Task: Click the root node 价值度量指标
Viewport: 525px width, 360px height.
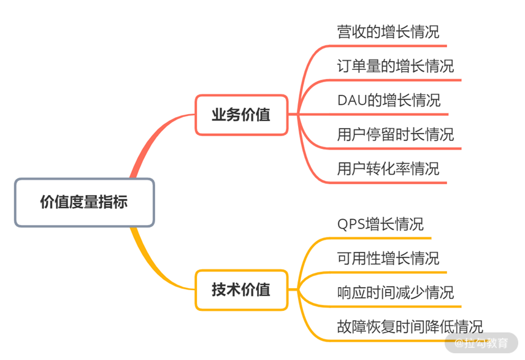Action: pyautogui.click(x=84, y=202)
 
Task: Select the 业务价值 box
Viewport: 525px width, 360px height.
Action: pyautogui.click(x=241, y=115)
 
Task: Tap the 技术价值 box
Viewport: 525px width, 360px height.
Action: pyautogui.click(x=241, y=289)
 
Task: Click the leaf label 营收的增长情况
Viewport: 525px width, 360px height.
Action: pyautogui.click(x=388, y=32)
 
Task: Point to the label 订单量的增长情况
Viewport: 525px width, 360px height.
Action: pyautogui.click(x=396, y=66)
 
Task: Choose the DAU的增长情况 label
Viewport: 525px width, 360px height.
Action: pyautogui.click(x=389, y=100)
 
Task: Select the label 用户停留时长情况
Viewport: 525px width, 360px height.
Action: pyautogui.click(x=396, y=134)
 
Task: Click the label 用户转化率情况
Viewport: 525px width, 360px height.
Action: pyautogui.click(x=388, y=168)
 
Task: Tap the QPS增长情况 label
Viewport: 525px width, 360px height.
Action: pyautogui.click(x=380, y=224)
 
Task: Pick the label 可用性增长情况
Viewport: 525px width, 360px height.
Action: pyautogui.click(x=388, y=258)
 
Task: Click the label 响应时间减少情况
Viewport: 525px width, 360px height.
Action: pyautogui.click(x=396, y=291)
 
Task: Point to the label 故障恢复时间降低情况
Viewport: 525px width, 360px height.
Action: pyautogui.click(x=410, y=326)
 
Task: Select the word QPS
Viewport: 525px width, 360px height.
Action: pyautogui.click(x=351, y=224)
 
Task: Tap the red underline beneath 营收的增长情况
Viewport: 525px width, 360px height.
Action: pyautogui.click(x=393, y=46)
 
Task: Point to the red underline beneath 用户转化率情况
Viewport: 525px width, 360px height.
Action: pyautogui.click(x=393, y=183)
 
